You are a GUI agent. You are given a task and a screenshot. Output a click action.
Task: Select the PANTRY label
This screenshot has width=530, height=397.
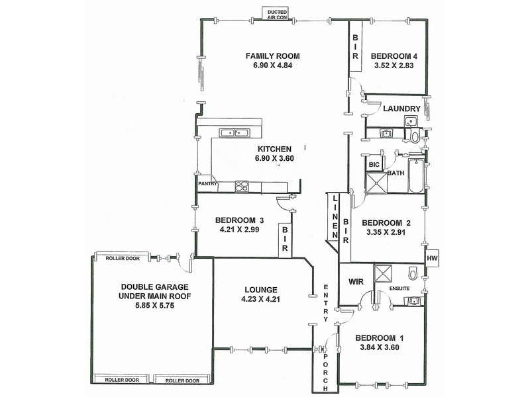click(x=207, y=184)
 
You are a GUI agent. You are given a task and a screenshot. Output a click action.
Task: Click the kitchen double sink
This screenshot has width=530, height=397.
click(x=229, y=133)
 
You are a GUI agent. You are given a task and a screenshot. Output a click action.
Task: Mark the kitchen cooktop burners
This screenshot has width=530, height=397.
click(x=242, y=186)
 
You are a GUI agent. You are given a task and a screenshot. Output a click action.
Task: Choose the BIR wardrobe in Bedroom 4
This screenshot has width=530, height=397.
click(x=355, y=48)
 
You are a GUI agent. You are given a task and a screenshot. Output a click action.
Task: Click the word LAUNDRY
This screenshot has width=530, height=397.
click(x=401, y=109)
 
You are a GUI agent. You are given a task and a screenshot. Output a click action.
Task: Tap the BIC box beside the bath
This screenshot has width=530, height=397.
click(x=373, y=163)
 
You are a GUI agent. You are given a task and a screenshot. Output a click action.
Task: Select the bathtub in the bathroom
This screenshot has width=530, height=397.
click(x=416, y=175)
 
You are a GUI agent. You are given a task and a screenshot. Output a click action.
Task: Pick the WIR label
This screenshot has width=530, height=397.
click(x=352, y=281)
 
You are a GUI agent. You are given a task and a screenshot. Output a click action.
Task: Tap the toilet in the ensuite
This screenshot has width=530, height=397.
click(x=413, y=273)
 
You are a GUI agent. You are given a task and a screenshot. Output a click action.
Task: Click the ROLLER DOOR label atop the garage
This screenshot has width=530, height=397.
click(x=123, y=258)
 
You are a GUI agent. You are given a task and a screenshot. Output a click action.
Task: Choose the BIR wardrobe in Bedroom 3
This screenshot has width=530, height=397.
click(x=284, y=239)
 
